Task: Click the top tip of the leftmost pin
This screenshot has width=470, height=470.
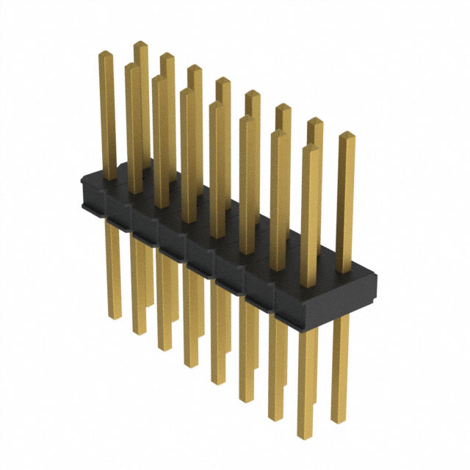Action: point(106,53)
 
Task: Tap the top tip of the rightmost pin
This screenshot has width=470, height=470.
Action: point(346,135)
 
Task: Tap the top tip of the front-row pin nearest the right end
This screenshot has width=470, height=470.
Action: point(310,148)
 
